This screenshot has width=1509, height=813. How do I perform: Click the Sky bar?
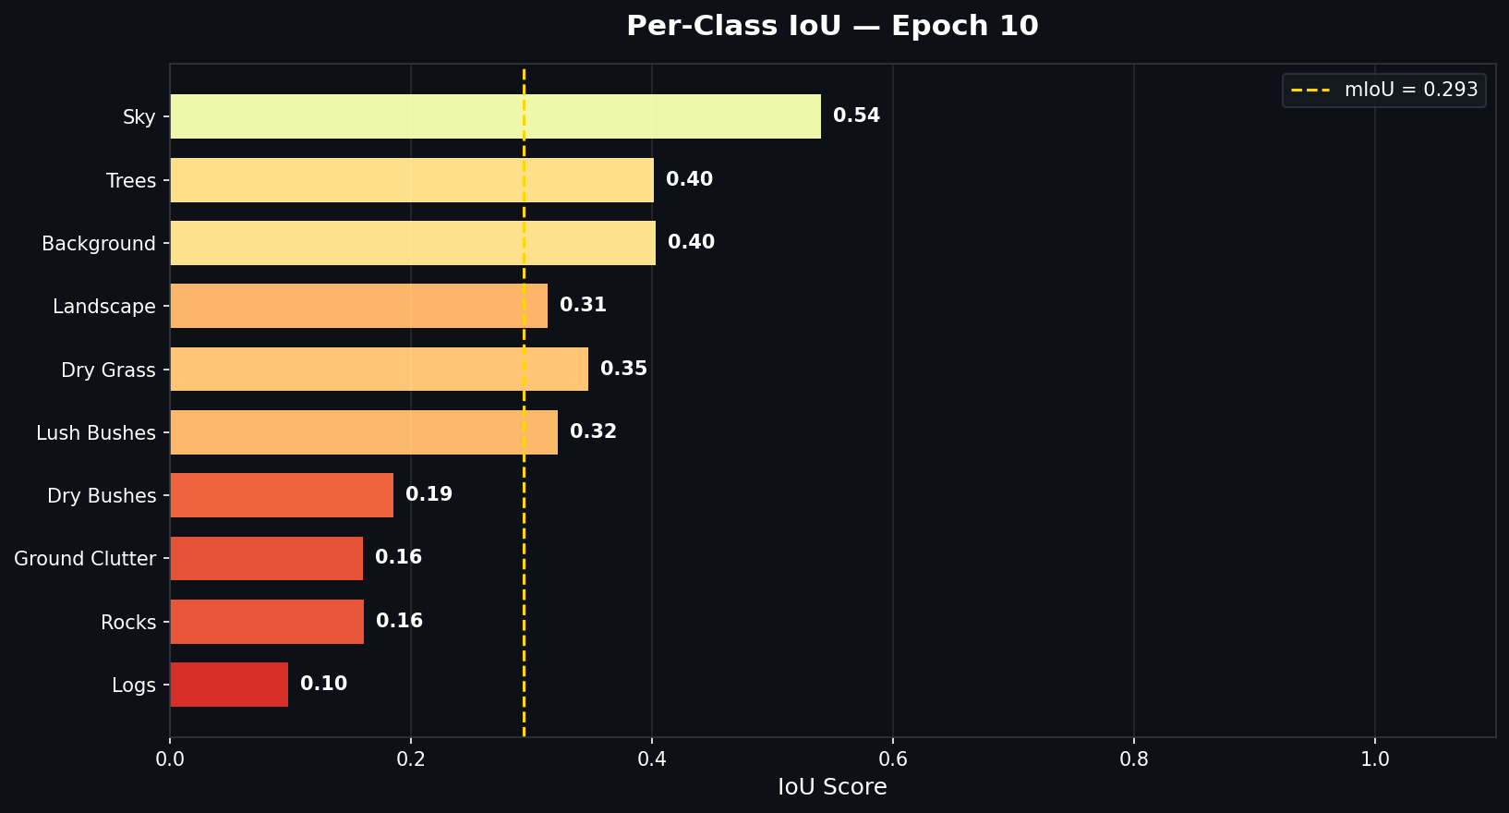click(495, 116)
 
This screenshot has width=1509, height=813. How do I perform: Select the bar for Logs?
click(229, 685)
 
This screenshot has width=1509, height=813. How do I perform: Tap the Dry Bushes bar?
click(282, 495)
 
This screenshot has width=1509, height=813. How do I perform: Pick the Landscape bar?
click(358, 306)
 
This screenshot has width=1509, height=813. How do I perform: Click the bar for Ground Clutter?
click(266, 558)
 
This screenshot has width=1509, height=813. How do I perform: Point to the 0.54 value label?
click(856, 115)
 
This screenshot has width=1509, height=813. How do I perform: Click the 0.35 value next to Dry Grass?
click(623, 369)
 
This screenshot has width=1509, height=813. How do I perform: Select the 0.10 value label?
click(323, 684)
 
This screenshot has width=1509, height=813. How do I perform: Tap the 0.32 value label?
click(593, 431)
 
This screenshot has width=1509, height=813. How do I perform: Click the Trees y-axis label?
click(131, 181)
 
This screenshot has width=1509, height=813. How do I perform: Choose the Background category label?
click(99, 244)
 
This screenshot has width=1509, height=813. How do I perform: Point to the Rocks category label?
click(128, 623)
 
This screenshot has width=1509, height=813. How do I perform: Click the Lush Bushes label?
click(96, 433)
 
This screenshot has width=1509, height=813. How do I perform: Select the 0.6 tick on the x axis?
click(893, 759)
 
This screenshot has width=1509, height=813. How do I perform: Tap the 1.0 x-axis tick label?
click(1375, 759)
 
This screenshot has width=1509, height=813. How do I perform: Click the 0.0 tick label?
click(170, 759)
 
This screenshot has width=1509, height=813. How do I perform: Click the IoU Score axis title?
click(832, 787)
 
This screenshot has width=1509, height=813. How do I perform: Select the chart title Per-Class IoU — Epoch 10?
click(832, 26)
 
